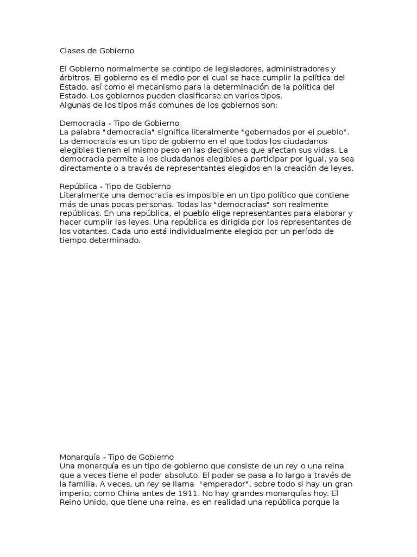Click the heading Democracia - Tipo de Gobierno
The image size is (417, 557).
119,123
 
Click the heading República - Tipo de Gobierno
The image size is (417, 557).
115,187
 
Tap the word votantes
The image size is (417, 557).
90,231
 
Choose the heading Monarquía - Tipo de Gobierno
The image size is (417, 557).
116,457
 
